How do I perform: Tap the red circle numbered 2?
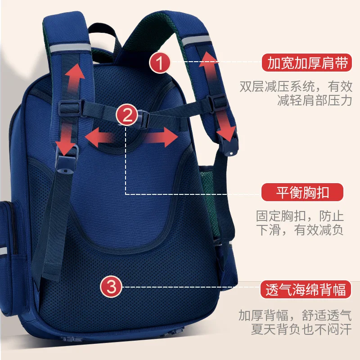(x=127, y=116)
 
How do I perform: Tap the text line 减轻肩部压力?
(x=315, y=100)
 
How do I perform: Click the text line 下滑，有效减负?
(x=300, y=230)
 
